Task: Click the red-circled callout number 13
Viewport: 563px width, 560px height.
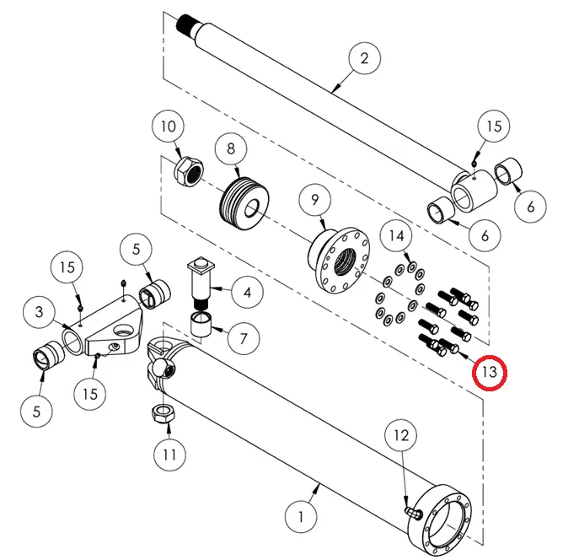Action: pos(490,371)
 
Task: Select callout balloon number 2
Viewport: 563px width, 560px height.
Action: pos(364,59)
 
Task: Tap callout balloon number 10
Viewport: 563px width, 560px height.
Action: pos(168,127)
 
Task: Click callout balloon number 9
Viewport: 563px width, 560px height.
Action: pos(315,200)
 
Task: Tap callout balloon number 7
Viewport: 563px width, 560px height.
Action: pos(244,339)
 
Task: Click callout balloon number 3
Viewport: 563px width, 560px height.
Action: pos(39,313)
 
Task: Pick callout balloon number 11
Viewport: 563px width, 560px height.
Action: pos(169,455)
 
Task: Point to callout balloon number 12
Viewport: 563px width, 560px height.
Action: pos(401,435)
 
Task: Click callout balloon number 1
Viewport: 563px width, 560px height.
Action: pos(302,514)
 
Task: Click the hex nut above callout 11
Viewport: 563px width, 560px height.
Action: pos(160,414)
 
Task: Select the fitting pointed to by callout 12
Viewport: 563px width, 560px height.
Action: pos(412,510)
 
